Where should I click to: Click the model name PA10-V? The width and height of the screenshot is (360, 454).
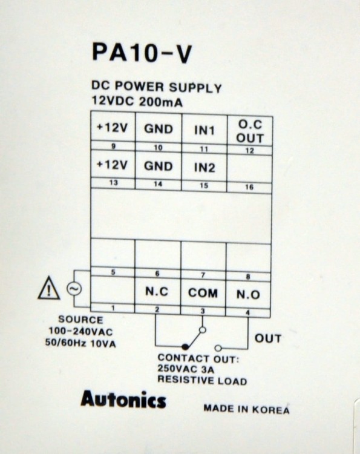tap(142, 54)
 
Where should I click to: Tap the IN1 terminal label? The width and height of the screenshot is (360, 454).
tap(205, 131)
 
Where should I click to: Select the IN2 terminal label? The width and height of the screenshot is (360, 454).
tap(205, 168)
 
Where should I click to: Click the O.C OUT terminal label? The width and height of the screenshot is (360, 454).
tap(250, 131)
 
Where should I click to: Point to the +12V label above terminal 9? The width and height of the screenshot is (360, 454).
tap(112, 128)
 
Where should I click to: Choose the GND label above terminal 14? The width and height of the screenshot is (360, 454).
tap(159, 166)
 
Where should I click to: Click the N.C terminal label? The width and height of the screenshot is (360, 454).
tap(157, 292)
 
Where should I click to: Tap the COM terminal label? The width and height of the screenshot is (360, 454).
tap(203, 293)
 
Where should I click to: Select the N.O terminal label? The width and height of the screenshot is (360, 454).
tap(248, 294)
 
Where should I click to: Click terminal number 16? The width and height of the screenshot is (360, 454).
tap(249, 187)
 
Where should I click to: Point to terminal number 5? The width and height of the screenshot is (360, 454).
tap(113, 272)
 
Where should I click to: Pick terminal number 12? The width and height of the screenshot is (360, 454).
tap(249, 151)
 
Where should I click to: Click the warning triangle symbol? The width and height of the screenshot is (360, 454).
tap(49, 288)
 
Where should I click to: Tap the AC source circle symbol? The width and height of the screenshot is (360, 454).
tap(74, 289)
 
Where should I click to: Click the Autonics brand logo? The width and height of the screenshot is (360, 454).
tap(123, 400)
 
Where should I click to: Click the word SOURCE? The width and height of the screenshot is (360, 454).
tap(80, 320)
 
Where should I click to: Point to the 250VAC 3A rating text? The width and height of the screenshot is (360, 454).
tap(186, 369)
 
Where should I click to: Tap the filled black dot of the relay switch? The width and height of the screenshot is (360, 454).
tap(185, 346)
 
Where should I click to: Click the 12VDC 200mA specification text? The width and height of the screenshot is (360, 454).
tap(137, 101)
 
